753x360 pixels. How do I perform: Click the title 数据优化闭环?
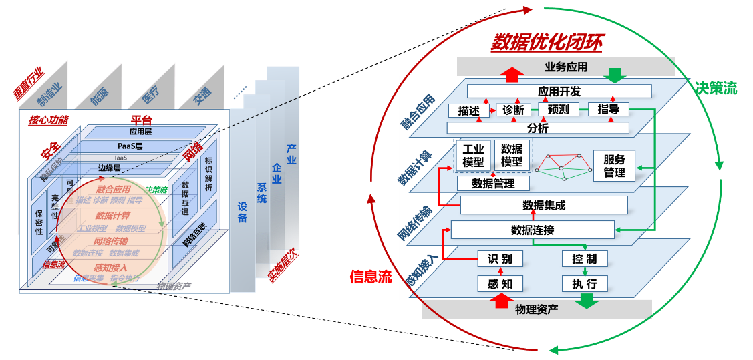click(x=546, y=43)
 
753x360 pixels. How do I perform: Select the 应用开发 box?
click(x=559, y=92)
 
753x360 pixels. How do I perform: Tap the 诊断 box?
click(x=513, y=110)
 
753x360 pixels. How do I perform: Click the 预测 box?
click(x=558, y=109)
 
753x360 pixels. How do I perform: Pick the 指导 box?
click(x=609, y=109)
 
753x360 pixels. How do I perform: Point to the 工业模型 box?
click(x=473, y=156)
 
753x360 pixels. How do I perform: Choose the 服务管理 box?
click(x=614, y=166)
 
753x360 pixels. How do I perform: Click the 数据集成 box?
click(x=543, y=205)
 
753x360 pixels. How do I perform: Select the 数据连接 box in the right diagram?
click(x=533, y=230)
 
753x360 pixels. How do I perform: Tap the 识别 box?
click(x=500, y=259)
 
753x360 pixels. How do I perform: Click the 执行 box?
click(x=584, y=284)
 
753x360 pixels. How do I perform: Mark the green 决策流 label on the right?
click(x=716, y=88)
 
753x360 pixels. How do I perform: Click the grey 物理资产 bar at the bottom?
click(x=536, y=309)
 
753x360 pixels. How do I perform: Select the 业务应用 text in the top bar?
click(x=566, y=67)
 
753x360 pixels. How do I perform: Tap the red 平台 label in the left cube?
click(x=140, y=120)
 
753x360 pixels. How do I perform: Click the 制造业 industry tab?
click(x=49, y=94)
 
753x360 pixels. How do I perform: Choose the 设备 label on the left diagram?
click(x=242, y=212)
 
